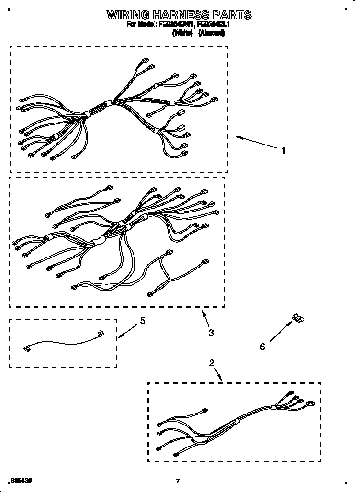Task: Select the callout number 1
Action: tap(283, 150)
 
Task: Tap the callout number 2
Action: tap(212, 363)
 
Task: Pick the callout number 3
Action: tap(211, 333)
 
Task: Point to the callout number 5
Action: tap(142, 321)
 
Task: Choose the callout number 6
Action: tap(262, 347)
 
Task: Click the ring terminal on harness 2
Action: tap(311, 403)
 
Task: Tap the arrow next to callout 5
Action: tap(127, 330)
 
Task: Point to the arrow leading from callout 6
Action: tap(281, 332)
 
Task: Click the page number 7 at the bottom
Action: tap(178, 481)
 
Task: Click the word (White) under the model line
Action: tap(182, 34)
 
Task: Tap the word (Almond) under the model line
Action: tap(211, 34)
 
